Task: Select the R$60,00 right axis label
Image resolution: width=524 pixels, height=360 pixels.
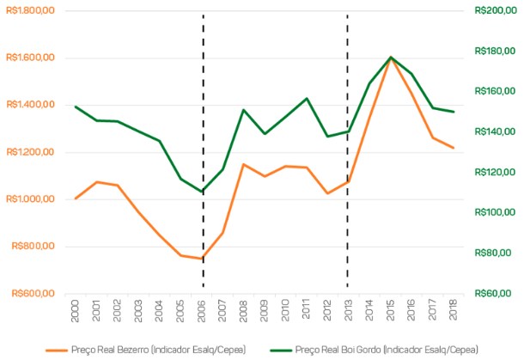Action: [x=491, y=294]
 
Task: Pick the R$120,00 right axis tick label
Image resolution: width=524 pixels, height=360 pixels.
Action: [x=493, y=172]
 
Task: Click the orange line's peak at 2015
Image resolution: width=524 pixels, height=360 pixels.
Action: [x=391, y=59]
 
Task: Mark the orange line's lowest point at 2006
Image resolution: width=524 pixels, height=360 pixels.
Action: [x=203, y=259]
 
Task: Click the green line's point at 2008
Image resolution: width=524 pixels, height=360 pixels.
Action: [x=244, y=110]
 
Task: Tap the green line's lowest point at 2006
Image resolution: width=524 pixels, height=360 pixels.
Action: [x=203, y=192]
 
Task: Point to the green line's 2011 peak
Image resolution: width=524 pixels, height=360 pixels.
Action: [x=307, y=98]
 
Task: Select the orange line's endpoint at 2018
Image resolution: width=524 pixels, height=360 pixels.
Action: [x=454, y=148]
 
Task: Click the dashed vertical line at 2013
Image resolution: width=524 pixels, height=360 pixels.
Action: [x=348, y=215]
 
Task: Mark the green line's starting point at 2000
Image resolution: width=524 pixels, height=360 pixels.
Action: [x=76, y=107]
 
